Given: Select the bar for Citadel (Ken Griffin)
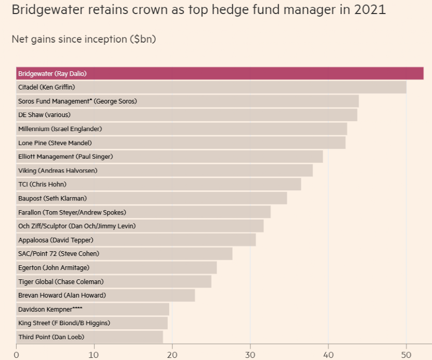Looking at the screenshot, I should tap(211, 87).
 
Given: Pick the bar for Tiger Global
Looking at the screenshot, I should tap(113, 281).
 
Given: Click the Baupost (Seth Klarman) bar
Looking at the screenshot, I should tap(151, 198).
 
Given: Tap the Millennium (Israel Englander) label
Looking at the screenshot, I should tap(60, 129).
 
